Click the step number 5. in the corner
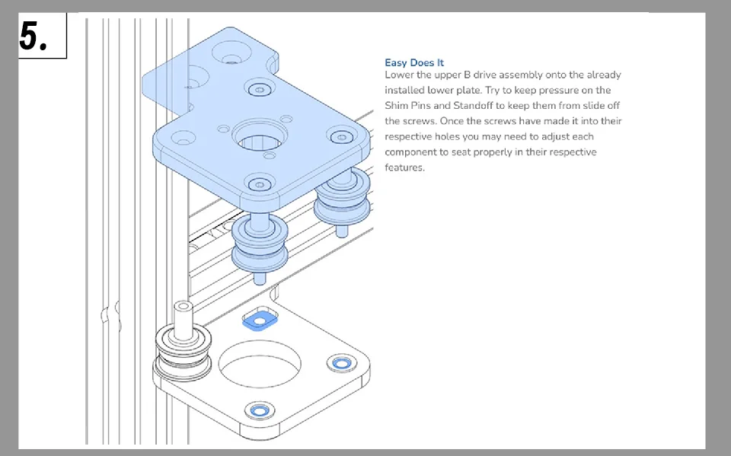click(x=34, y=35)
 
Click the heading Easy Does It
click(x=414, y=62)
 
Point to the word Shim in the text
click(x=397, y=106)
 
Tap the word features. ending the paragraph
click(x=404, y=167)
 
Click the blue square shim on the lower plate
click(x=259, y=321)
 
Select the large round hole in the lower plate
click(x=259, y=362)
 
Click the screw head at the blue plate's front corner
click(x=260, y=184)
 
